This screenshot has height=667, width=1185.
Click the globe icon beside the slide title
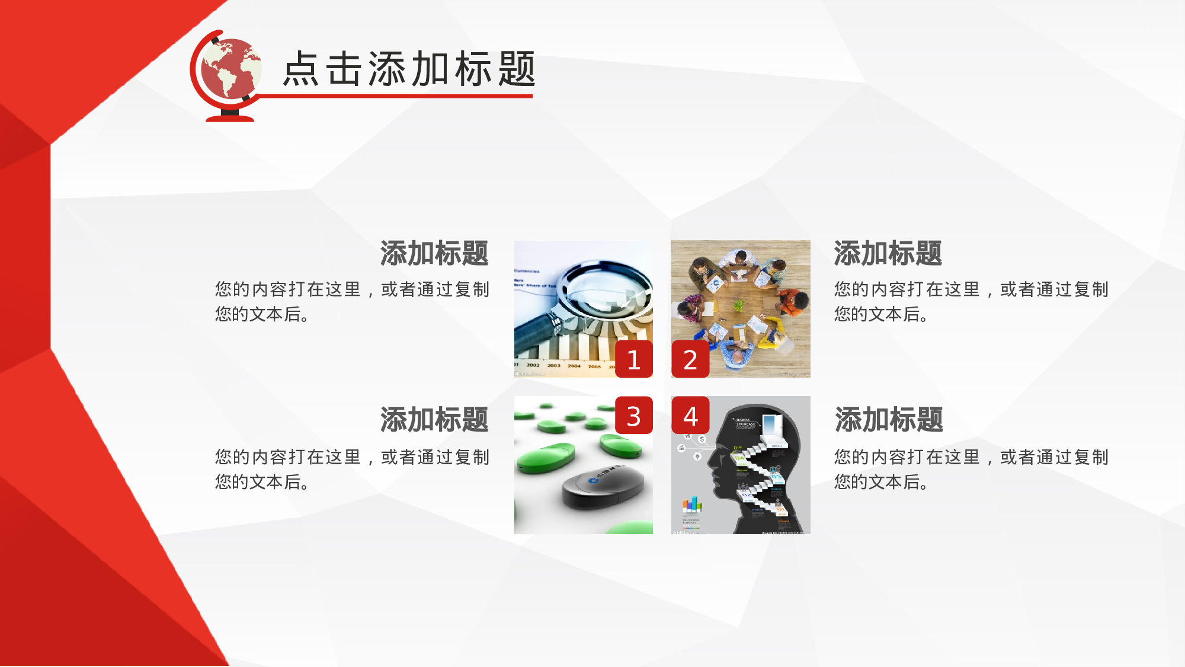(x=230, y=68)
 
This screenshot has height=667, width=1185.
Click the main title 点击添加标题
(x=409, y=69)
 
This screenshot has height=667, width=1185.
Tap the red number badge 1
(x=633, y=359)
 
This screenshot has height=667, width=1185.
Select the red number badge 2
(x=690, y=359)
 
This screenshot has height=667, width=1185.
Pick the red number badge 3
(x=633, y=416)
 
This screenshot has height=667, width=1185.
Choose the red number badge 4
(x=690, y=416)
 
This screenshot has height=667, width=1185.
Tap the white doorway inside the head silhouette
(x=771, y=425)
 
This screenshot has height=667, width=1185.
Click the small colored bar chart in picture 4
(x=691, y=505)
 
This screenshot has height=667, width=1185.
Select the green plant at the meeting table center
(x=739, y=306)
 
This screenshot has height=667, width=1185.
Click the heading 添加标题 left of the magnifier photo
(x=434, y=253)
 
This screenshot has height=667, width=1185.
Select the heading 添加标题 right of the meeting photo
(x=888, y=253)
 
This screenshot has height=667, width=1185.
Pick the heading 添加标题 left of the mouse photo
(x=434, y=420)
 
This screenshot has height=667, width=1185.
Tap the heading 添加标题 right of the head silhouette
(x=889, y=420)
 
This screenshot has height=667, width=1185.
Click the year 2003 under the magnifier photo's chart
(x=554, y=365)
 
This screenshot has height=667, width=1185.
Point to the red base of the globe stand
(x=230, y=118)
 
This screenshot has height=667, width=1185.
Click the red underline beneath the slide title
(x=397, y=96)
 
